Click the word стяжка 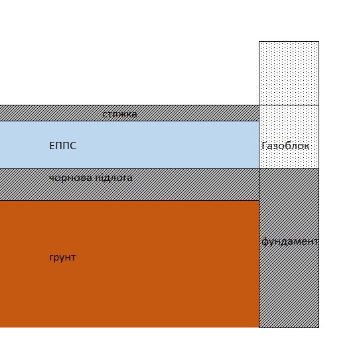coord(119,114)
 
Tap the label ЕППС coord(62,146)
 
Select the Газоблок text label coord(285,146)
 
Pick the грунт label coord(62,258)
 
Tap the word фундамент coord(290,241)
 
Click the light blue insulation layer coord(129,145)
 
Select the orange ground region coord(129,264)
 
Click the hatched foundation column coord(289,248)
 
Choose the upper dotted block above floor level coord(289,73)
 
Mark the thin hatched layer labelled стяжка coord(129,113)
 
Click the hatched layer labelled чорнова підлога coord(129,184)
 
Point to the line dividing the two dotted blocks coord(289,105)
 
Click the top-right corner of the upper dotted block coord(319,41)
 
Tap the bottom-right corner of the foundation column coord(319,328)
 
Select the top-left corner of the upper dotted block coord(259,41)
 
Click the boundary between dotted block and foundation coord(289,168)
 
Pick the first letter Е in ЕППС coord(52,146)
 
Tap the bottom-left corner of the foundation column coord(259,328)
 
